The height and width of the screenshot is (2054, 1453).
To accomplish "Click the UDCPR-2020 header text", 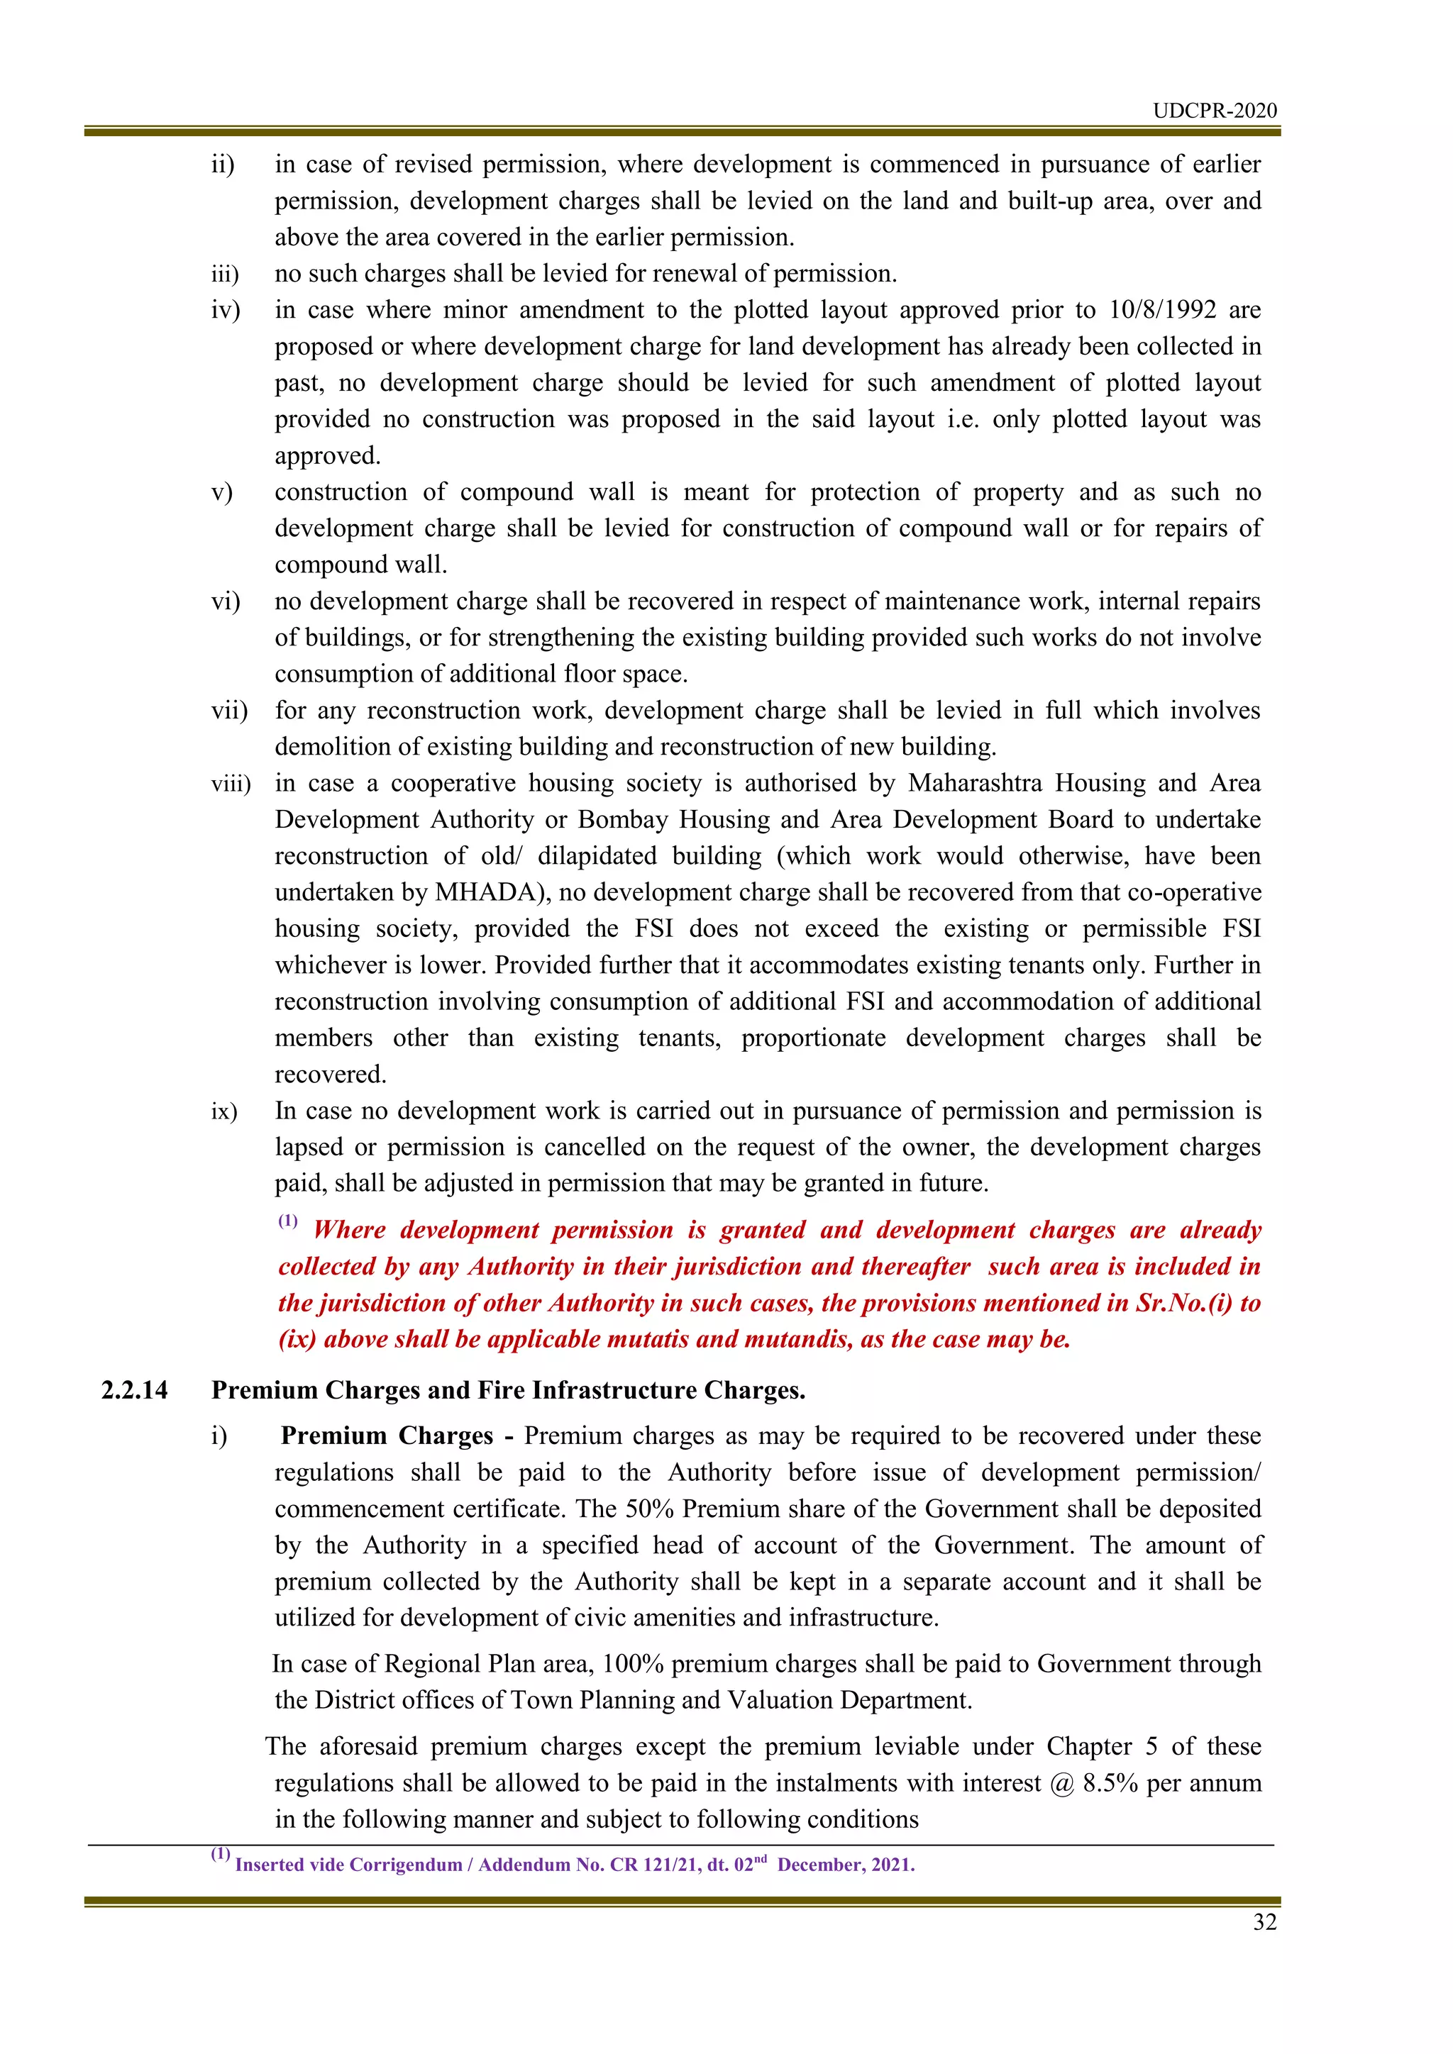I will point(1214,111).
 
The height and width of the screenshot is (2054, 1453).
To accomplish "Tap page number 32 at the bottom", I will point(1264,1923).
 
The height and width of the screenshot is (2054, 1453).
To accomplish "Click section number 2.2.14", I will point(134,1390).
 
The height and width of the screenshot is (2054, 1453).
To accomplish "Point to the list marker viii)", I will point(230,784).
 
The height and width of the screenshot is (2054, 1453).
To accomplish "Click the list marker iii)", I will point(225,274).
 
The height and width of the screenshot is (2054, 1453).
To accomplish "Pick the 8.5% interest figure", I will point(1110,1784).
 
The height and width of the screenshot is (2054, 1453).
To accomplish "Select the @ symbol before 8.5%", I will point(1062,1784).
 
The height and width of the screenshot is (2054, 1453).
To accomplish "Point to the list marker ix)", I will point(223,1112).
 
